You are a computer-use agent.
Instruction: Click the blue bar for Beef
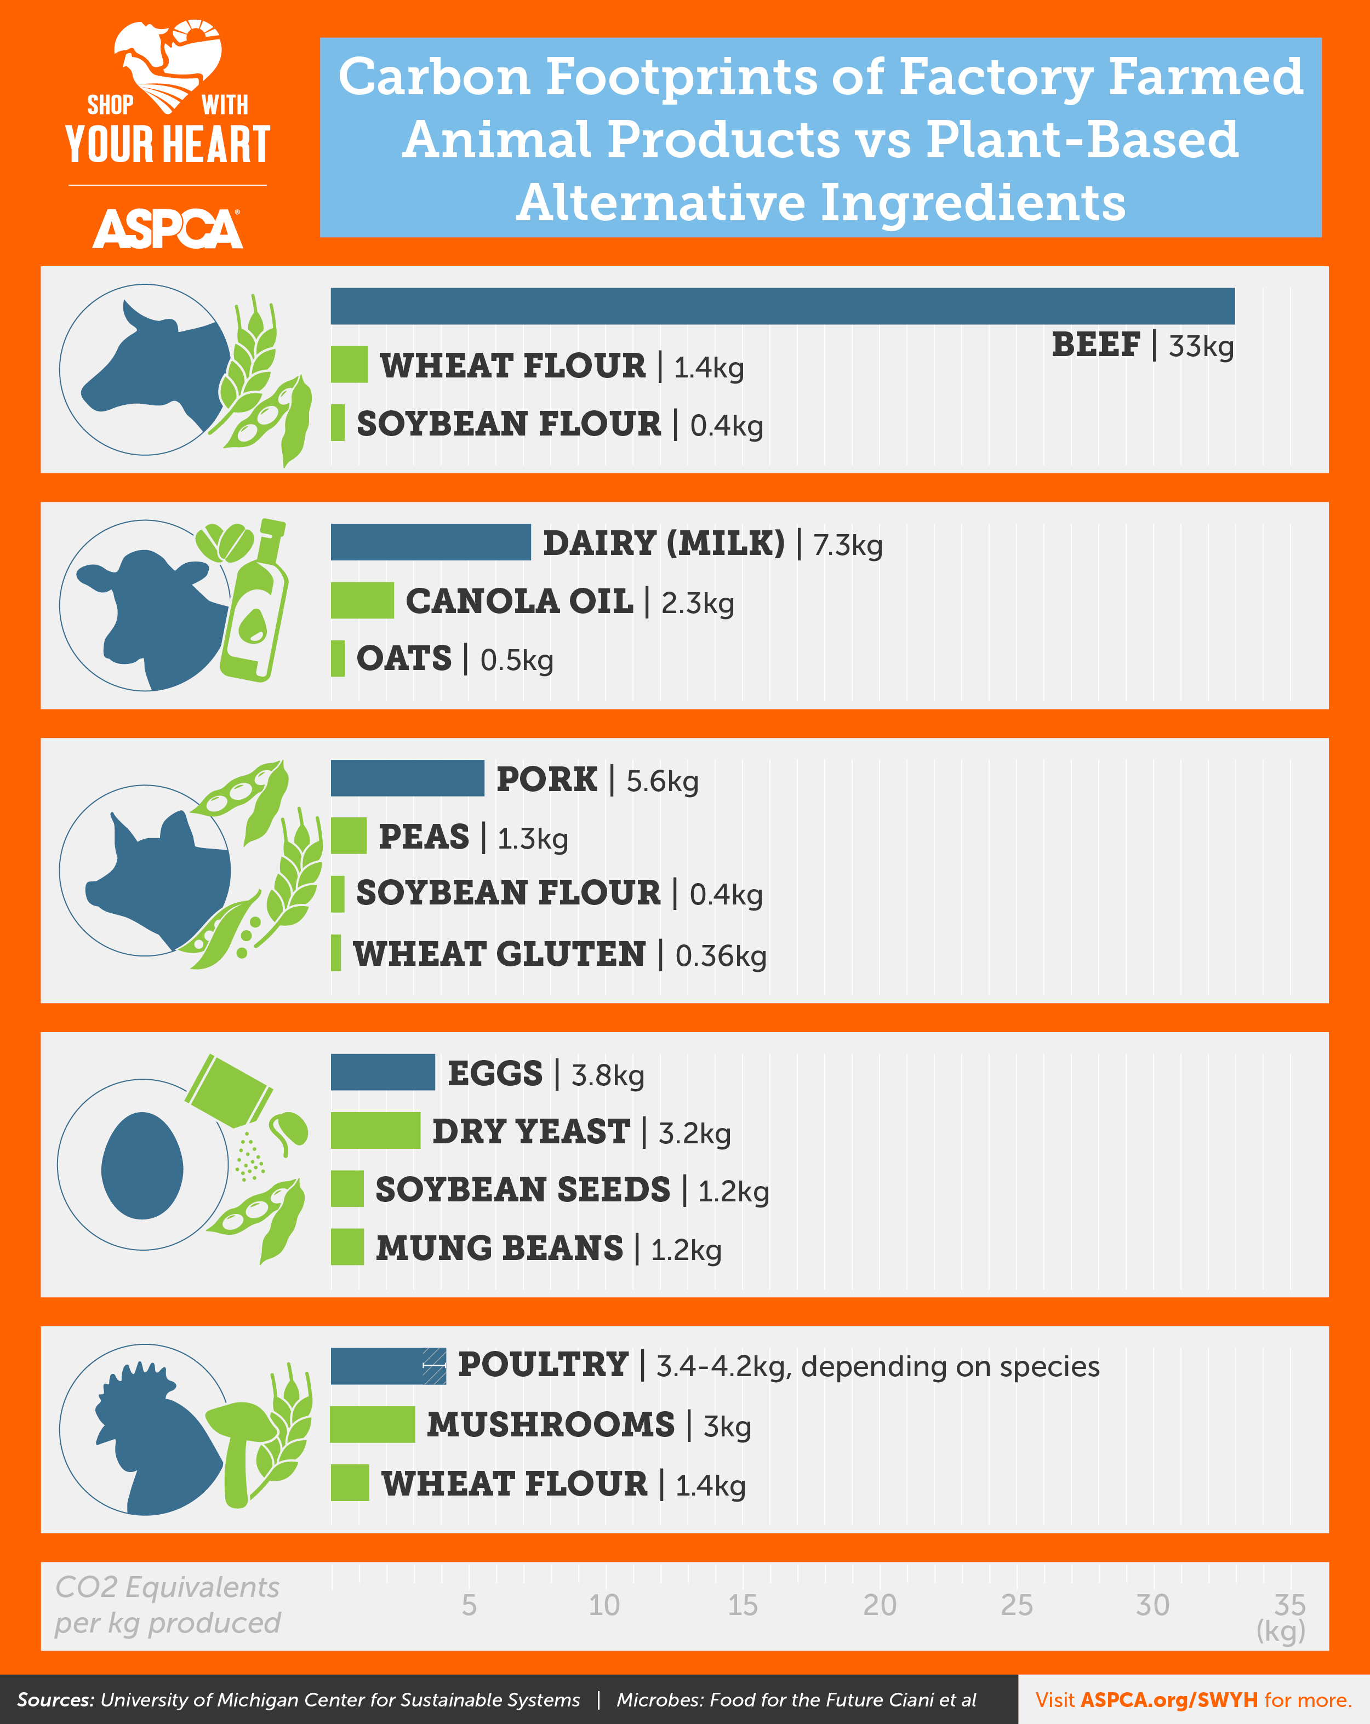[782, 306]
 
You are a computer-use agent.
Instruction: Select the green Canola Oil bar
[362, 600]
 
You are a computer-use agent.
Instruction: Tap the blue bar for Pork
[407, 778]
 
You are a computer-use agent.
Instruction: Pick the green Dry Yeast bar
[375, 1130]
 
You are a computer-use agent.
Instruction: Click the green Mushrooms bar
[373, 1424]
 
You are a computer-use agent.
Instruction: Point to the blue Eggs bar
[383, 1072]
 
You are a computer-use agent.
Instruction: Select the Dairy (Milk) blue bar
[430, 542]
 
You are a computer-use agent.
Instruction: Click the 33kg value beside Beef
[1201, 346]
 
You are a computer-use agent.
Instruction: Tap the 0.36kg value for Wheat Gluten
[721, 955]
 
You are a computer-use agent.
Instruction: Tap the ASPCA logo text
[167, 230]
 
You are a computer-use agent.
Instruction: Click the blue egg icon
[142, 1165]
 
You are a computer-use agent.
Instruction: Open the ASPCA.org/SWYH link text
[1168, 1700]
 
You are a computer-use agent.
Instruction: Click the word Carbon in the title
[434, 78]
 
